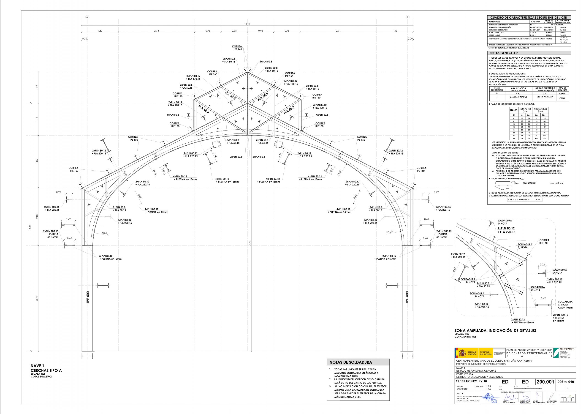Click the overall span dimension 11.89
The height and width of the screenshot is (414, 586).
[x=247, y=24]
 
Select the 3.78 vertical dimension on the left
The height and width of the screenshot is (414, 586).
[x=37, y=298]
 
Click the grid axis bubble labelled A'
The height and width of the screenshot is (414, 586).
[x=87, y=17]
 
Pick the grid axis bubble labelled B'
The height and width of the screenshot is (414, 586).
[x=408, y=17]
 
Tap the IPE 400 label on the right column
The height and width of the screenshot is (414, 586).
[x=407, y=297]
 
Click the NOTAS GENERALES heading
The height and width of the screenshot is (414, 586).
[x=504, y=53]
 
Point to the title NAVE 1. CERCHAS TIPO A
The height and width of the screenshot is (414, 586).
[x=46, y=368]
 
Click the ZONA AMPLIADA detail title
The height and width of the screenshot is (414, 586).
[x=495, y=331]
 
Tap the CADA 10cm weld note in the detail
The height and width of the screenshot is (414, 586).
[x=565, y=308]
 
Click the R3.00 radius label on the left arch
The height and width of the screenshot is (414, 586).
[x=105, y=233]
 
